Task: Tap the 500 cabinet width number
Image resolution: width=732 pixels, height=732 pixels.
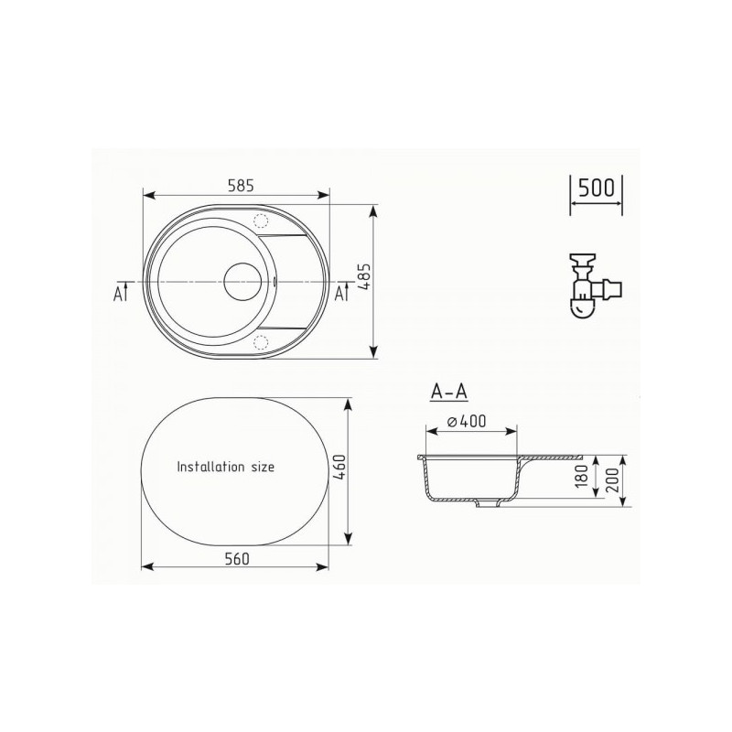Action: [x=596, y=189]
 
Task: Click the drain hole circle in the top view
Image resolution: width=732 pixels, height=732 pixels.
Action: [x=246, y=281]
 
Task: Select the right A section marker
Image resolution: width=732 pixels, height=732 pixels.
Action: [x=340, y=293]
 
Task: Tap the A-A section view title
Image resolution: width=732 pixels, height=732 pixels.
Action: [x=449, y=392]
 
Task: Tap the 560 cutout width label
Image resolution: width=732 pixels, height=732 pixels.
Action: [x=236, y=557]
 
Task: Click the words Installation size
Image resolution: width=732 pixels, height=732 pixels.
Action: [x=225, y=466]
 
